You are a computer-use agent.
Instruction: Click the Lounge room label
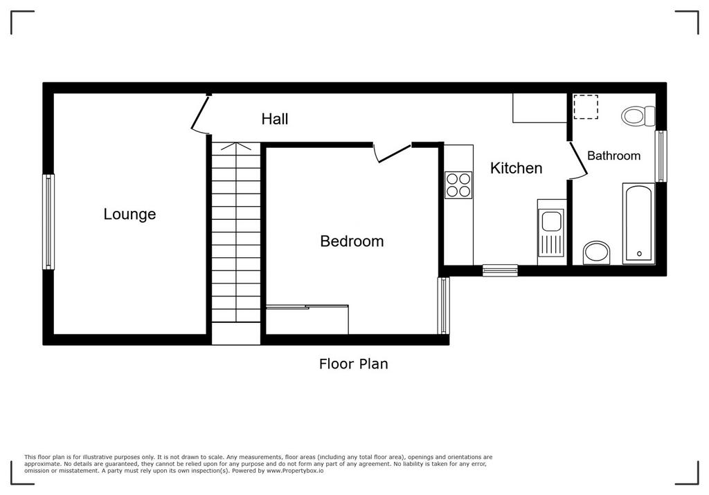coord(129,214)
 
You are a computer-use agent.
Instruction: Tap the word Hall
coord(274,119)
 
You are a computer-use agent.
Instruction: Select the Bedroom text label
coord(352,241)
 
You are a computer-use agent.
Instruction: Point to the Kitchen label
coord(516,168)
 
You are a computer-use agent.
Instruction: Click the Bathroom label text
coord(613,156)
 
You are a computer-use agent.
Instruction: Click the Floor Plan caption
coord(354,364)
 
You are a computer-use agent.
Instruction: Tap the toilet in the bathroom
coord(638,116)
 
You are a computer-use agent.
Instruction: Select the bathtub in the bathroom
coord(638,223)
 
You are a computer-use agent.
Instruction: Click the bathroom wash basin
coord(597,253)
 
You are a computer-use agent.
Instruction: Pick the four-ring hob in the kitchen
coord(458,185)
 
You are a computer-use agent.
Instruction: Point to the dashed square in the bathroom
coord(586,107)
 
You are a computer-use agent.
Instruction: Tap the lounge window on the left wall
coord(48,222)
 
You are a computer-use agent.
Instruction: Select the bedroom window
coord(444,306)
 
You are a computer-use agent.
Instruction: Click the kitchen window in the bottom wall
coord(500,270)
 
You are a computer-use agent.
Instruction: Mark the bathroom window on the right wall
coord(661,156)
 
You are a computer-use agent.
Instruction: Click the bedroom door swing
coord(392,152)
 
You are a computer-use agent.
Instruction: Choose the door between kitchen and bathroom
coord(578,159)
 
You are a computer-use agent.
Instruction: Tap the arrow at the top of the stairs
coord(235,147)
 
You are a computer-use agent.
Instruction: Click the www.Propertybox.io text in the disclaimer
coord(295,471)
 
